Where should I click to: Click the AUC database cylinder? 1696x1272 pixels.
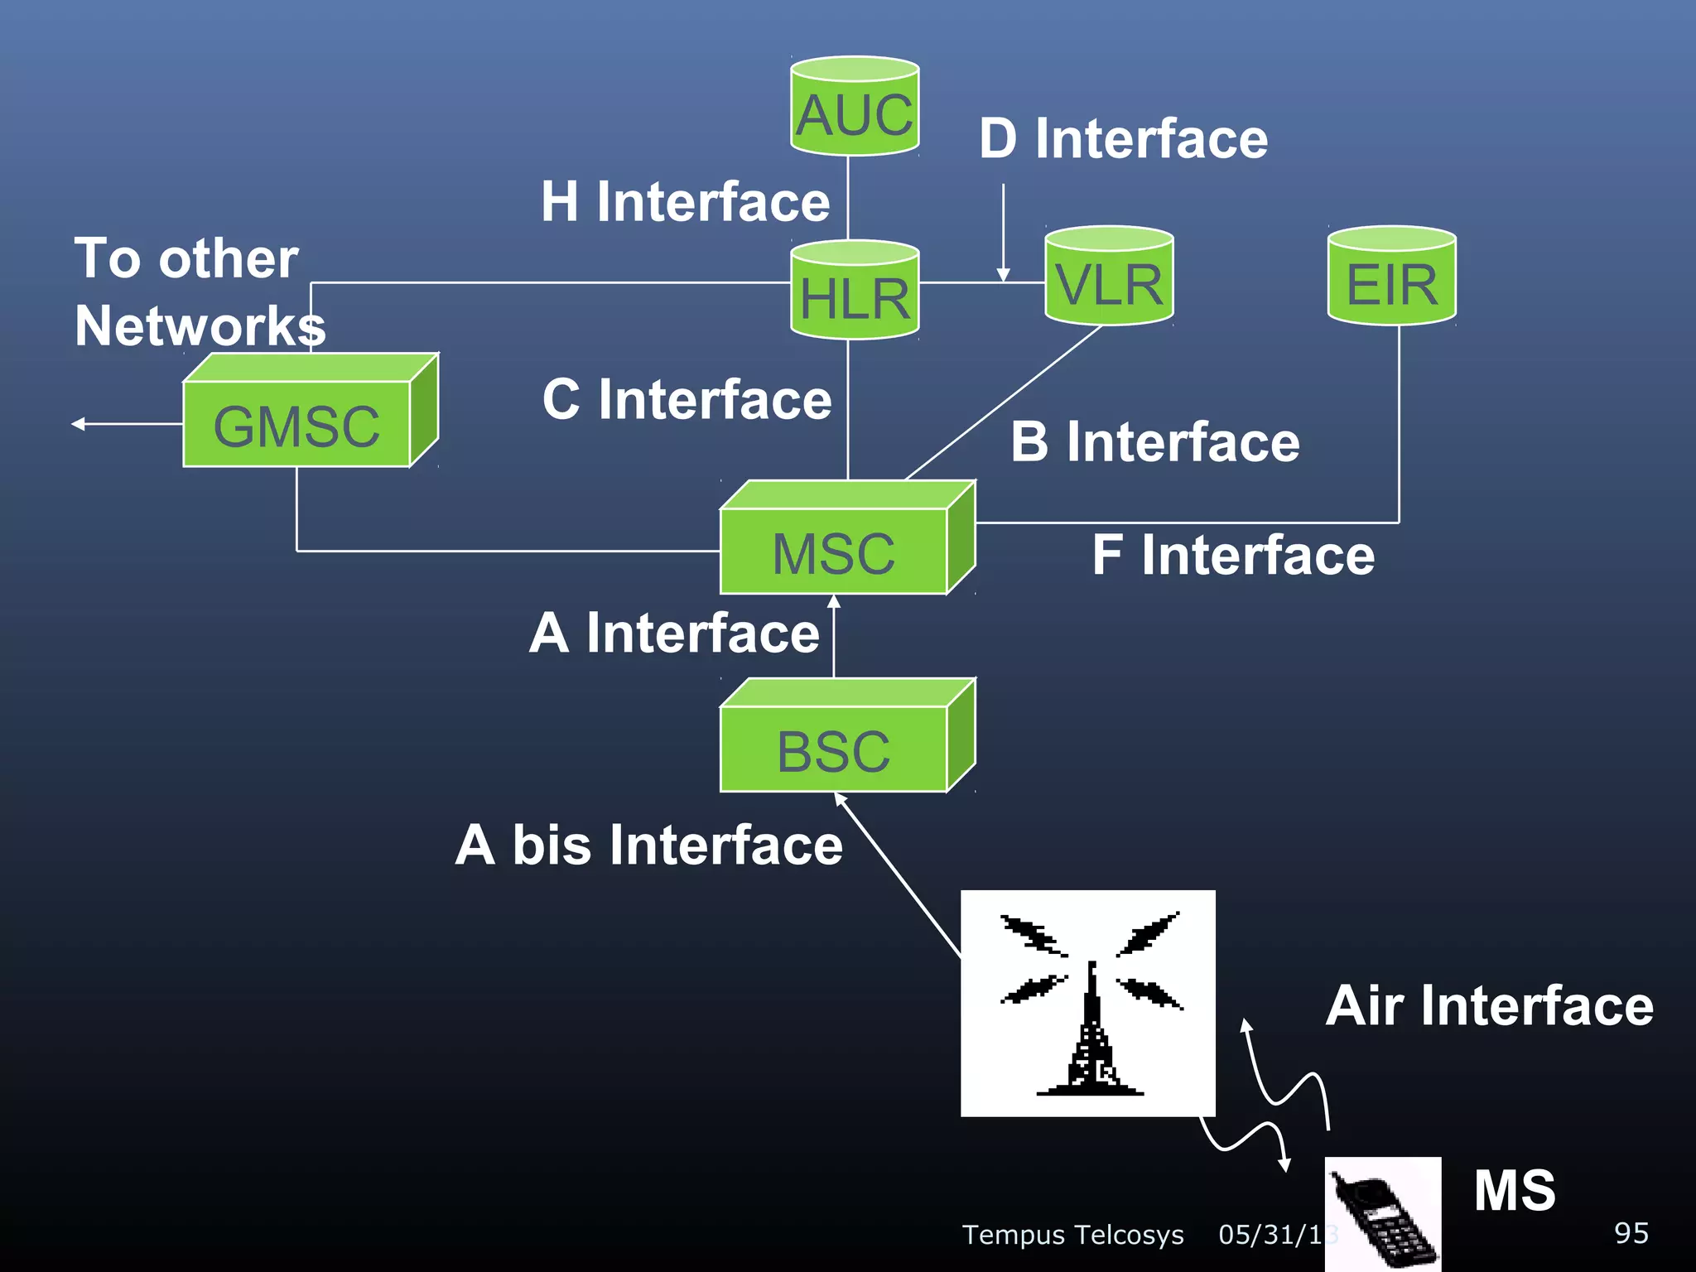coord(855,108)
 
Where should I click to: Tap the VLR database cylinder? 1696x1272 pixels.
coord(1109,277)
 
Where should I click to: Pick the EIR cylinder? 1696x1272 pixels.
coord(1391,277)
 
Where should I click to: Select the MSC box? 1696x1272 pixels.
coord(834,551)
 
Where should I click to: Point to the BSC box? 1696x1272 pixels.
coord(834,749)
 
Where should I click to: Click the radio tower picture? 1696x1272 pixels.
coord(1087,1003)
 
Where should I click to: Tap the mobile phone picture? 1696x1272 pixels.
coord(1382,1214)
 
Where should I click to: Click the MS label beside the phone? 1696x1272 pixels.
coord(1514,1191)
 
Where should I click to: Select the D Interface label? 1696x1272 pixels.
coord(1123,138)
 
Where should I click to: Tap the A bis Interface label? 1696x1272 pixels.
coord(648,845)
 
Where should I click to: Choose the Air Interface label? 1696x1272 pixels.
coord(1489,1005)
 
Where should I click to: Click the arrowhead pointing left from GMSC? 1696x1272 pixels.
coord(78,424)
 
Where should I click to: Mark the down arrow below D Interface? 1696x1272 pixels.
coord(1003,273)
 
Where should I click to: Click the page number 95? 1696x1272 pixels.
coord(1631,1233)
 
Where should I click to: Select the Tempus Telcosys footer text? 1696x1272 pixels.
coord(1072,1234)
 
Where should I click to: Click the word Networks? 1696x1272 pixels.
coord(200,325)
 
